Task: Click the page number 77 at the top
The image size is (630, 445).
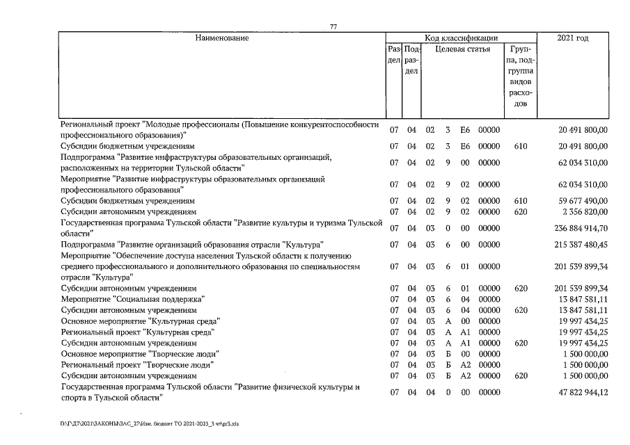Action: coord(333,27)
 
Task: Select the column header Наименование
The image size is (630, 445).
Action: coord(221,38)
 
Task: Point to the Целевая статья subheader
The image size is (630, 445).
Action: coord(462,49)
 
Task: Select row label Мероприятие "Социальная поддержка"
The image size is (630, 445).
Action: coord(133,299)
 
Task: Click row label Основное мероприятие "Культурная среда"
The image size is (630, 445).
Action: coord(141,321)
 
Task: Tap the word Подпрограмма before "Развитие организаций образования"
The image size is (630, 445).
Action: coord(87,245)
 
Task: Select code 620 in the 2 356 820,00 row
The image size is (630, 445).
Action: coord(520,211)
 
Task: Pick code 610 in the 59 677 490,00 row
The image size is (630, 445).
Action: coord(520,201)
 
